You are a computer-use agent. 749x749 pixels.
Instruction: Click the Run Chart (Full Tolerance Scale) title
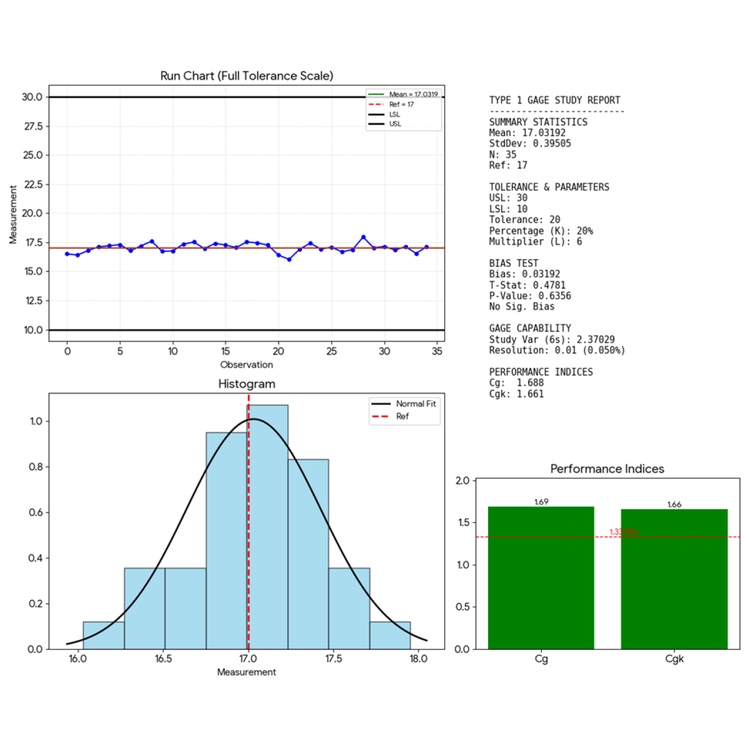coord(247,76)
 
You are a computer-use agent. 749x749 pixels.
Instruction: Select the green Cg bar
coord(541,577)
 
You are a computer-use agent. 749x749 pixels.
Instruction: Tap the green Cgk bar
coord(674,579)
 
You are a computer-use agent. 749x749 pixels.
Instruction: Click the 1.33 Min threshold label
coord(623,532)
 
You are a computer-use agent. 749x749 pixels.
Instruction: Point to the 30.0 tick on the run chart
coord(32,97)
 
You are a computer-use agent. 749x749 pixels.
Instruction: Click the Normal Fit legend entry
coord(416,404)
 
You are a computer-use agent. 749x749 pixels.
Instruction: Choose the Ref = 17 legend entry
coord(401,104)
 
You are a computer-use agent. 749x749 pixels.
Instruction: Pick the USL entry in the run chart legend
coord(395,124)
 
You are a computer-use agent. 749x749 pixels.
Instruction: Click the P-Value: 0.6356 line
coord(530,296)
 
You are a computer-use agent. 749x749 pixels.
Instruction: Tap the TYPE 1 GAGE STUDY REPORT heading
coord(554,100)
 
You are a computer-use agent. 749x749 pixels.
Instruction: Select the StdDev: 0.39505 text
coord(530,144)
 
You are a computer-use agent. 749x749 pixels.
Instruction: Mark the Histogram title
coord(247,384)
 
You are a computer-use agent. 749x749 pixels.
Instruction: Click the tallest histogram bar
coord(268,527)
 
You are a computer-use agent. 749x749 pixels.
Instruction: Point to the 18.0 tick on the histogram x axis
coord(418,659)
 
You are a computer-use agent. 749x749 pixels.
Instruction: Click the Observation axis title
coord(247,365)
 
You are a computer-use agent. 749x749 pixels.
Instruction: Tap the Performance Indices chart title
coord(607,469)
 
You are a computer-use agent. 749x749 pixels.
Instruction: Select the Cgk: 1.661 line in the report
coord(516,394)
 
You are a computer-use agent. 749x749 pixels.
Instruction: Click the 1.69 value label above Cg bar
coord(541,502)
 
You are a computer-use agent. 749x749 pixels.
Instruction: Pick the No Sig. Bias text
coord(522,306)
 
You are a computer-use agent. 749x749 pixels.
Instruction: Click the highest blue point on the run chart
coord(363,237)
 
